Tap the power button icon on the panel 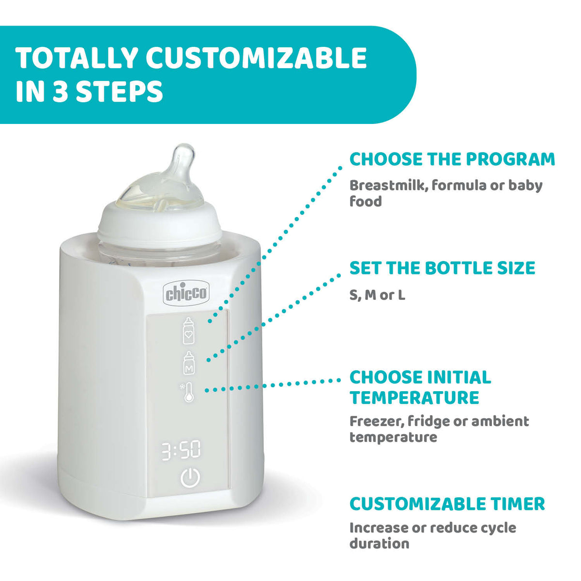coord(190,478)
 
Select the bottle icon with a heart coord(188,331)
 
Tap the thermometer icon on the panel coord(188,392)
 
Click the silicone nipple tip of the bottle coord(184,154)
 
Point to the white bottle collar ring coord(160,223)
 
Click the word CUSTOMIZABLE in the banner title coord(256,58)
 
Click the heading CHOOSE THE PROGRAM coord(452,159)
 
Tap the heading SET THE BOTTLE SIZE coord(442,268)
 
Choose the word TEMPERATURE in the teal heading coord(414,398)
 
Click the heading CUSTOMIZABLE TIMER coord(447,504)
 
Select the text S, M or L coord(377,295)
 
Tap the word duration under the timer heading coord(379,543)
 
